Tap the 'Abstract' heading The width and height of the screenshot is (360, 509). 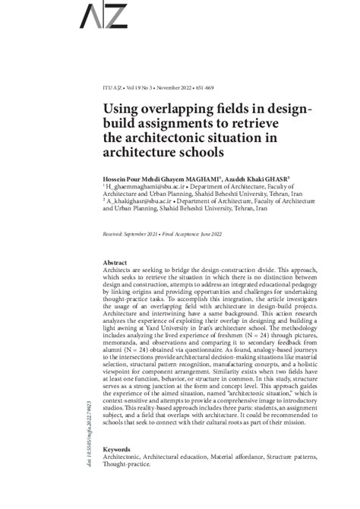114,261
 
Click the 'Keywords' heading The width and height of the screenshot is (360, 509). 118,449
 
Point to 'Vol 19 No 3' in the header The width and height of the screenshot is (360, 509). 138,88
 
